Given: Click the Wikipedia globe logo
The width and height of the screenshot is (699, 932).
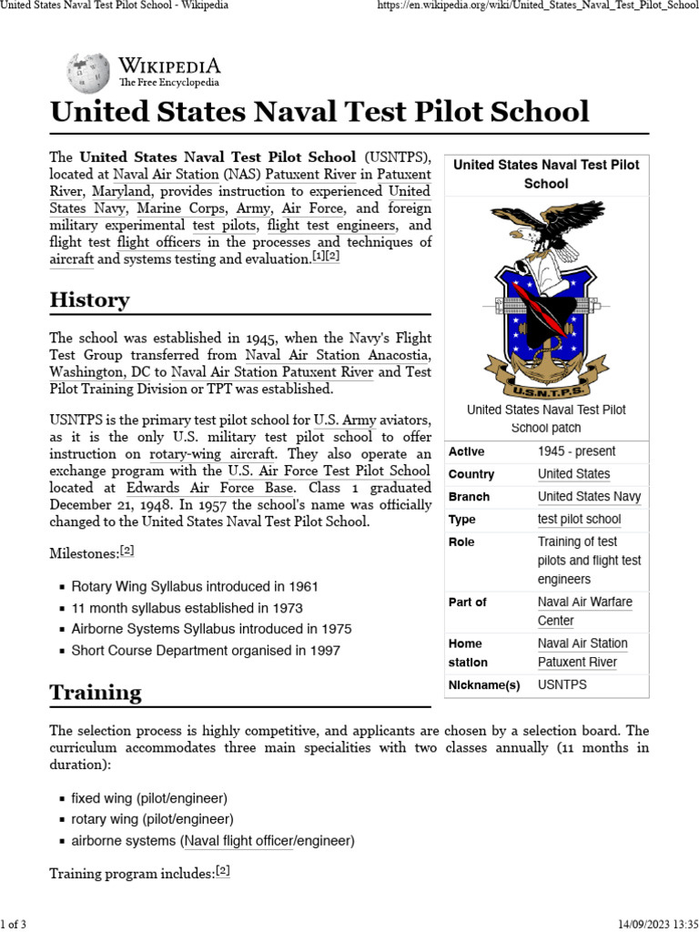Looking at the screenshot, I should tap(87, 73).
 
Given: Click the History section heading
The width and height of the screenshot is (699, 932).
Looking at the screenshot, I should tap(89, 300).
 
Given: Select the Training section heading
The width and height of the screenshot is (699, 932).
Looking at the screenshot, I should tap(96, 693).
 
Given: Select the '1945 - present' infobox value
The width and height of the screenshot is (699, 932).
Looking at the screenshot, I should tap(576, 451).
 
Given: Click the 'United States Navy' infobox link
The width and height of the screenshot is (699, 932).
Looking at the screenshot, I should tap(589, 497).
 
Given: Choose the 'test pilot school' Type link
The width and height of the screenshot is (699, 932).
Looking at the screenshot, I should tap(579, 520).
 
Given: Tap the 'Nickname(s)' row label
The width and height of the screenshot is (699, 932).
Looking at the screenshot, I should tap(483, 685).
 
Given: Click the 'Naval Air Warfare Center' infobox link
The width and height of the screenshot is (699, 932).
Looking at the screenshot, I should tap(584, 612).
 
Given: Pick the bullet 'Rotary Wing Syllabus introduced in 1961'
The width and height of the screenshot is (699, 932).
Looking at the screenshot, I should tap(195, 587).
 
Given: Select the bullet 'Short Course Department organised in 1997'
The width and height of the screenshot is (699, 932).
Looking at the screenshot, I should tap(205, 651).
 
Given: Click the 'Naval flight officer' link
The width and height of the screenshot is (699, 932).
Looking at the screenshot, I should tap(239, 840).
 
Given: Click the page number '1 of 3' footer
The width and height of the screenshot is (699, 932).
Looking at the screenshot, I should tap(14, 925).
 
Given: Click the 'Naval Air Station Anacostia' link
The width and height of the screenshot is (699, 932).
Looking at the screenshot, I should tap(338, 356).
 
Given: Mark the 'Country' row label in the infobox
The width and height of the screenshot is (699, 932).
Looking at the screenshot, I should tap(471, 474).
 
